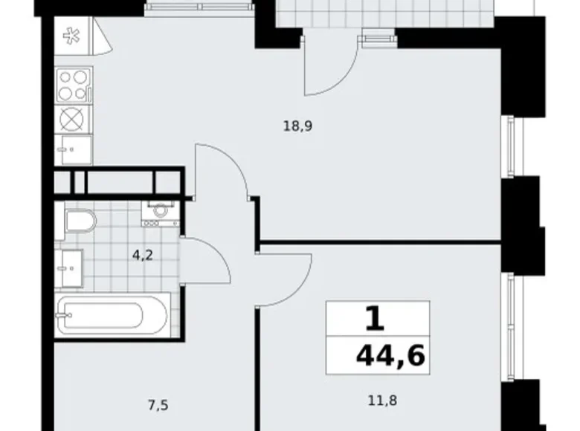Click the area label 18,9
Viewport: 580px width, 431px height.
(x=297, y=126)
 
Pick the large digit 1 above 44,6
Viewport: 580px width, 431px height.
(x=376, y=319)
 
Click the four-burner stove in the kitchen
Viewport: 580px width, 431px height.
(x=74, y=85)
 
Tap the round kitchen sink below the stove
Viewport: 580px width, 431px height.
(x=73, y=119)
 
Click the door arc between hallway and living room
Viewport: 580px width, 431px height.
(x=223, y=171)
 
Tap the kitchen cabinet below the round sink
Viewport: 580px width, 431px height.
(x=73, y=148)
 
